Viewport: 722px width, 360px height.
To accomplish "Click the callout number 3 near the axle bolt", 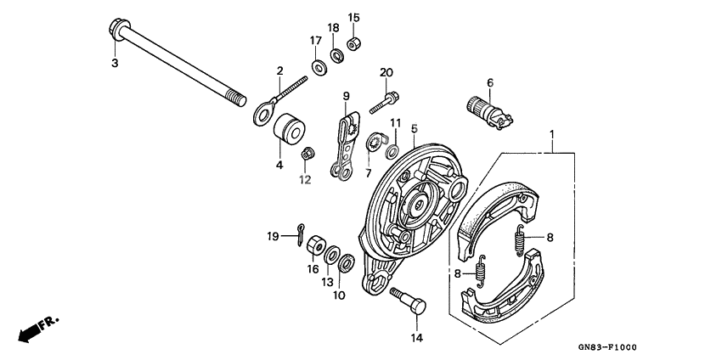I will point(115,63).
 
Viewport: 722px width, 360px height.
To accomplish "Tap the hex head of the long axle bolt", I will point(117,32).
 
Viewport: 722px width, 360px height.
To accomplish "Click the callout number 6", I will point(489,82).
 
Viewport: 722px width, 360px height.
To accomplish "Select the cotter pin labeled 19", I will point(303,233).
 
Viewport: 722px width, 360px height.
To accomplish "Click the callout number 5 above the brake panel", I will point(414,128).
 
